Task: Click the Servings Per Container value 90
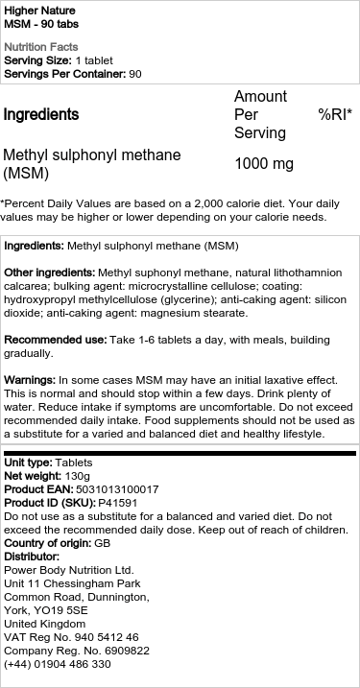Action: click(x=135, y=74)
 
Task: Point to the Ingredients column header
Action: click(x=41, y=115)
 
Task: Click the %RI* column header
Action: click(x=335, y=115)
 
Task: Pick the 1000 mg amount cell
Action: click(x=264, y=164)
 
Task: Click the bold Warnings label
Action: click(x=30, y=381)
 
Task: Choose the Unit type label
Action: click(x=28, y=463)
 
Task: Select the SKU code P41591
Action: click(x=118, y=503)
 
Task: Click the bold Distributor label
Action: click(x=32, y=557)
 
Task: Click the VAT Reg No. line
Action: click(x=71, y=636)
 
